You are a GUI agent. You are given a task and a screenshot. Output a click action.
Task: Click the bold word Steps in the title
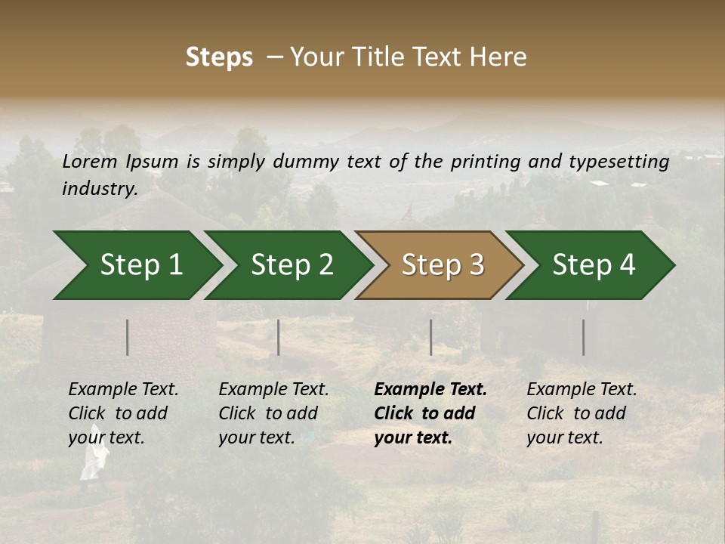tap(219, 57)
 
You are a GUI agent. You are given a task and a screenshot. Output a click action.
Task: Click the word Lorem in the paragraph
tap(89, 162)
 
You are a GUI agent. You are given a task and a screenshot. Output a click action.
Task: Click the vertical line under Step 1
tap(128, 337)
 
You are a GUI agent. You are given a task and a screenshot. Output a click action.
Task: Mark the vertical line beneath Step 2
tap(279, 337)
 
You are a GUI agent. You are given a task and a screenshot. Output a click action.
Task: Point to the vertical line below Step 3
tap(431, 337)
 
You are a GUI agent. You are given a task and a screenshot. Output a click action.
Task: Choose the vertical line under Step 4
tap(583, 337)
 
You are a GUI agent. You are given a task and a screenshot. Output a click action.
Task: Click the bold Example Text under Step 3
tap(430, 390)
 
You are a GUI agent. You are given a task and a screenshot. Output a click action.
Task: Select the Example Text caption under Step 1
tap(123, 390)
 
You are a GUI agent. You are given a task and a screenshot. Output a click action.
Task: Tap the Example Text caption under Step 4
tap(582, 390)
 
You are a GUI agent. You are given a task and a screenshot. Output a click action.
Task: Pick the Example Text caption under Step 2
tap(273, 390)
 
